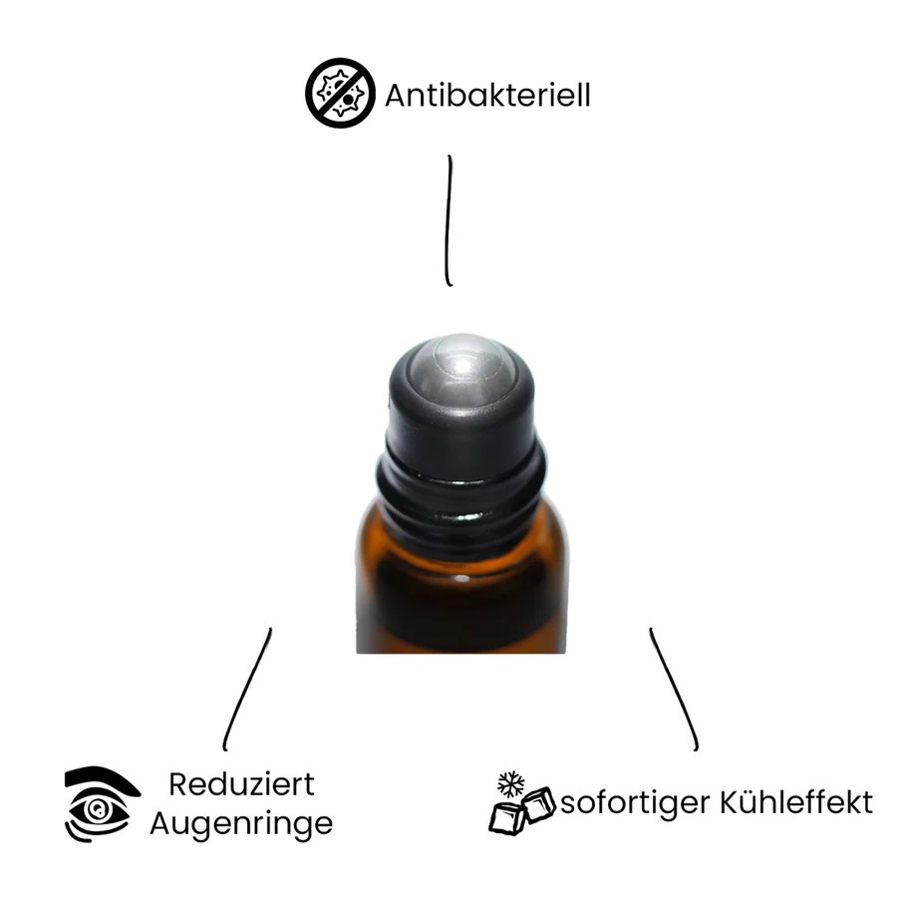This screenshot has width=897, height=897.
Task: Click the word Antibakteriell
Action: point(487,95)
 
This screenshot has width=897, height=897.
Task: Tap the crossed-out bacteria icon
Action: point(341,93)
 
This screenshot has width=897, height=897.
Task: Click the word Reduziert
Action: point(241,784)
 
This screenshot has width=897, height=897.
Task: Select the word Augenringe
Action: point(241,824)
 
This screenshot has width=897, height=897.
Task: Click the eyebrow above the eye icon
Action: point(102,779)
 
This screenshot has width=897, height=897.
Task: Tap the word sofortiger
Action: point(635,803)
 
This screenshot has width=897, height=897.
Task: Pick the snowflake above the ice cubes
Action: point(511,783)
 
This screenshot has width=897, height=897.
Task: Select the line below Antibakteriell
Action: point(449,220)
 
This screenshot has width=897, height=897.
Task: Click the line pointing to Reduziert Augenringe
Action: point(246,690)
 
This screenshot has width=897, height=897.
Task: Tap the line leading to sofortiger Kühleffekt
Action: point(674,690)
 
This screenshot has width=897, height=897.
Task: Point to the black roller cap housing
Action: point(462,401)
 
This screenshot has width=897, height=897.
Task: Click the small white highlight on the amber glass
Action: point(462,579)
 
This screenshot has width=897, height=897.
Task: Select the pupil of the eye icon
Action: point(97,809)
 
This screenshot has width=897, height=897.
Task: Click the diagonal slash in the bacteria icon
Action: point(341,93)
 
